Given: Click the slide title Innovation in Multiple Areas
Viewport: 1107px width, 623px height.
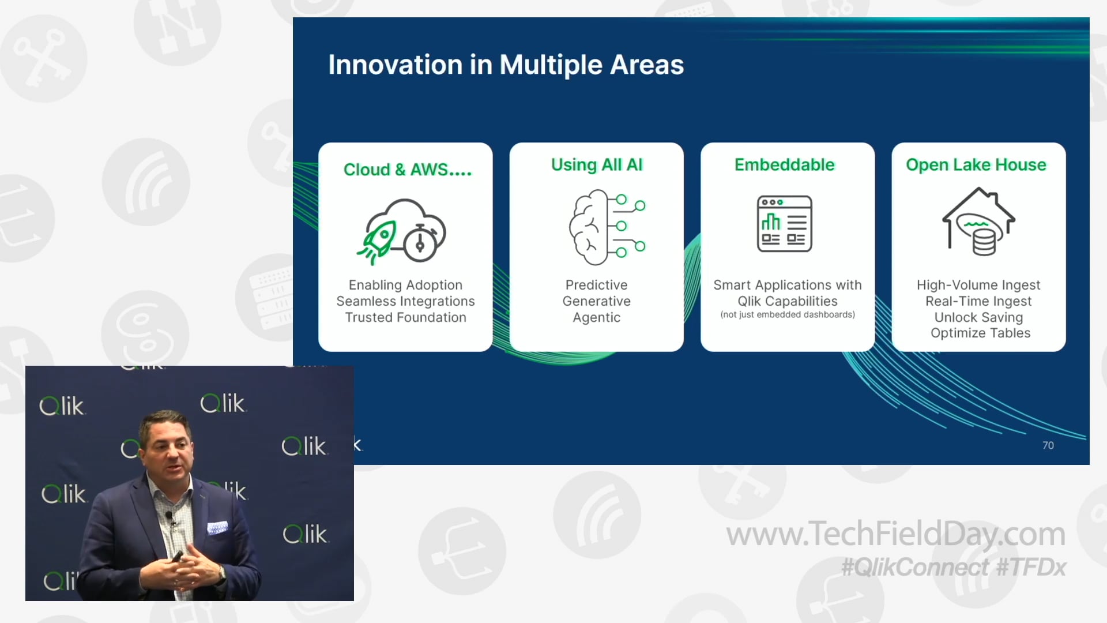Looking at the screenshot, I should (506, 65).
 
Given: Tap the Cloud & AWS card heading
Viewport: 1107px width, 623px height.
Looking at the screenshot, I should (407, 170).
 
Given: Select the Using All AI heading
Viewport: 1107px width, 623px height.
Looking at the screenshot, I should (596, 165).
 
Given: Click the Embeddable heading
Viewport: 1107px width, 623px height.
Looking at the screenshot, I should (784, 165).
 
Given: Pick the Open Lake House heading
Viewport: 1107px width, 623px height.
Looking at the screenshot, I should (976, 165).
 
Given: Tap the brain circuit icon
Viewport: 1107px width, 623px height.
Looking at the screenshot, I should (605, 227).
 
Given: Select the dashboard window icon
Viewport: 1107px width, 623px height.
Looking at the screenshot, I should (784, 224).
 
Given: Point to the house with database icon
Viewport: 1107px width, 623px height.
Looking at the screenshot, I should (978, 222).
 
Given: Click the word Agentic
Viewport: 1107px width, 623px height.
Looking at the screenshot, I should (596, 317).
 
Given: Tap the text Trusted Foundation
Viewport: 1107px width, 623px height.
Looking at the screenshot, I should (405, 317).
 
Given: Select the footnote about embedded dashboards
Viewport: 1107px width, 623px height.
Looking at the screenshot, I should (787, 315).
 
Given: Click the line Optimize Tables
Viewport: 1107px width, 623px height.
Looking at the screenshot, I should (980, 333).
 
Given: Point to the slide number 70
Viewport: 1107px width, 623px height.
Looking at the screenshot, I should (1048, 445).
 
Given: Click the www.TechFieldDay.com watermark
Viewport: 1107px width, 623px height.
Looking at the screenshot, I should (895, 534).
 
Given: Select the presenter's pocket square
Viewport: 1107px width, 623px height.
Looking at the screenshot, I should (217, 527).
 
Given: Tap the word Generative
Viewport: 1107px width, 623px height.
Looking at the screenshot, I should (596, 301).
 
